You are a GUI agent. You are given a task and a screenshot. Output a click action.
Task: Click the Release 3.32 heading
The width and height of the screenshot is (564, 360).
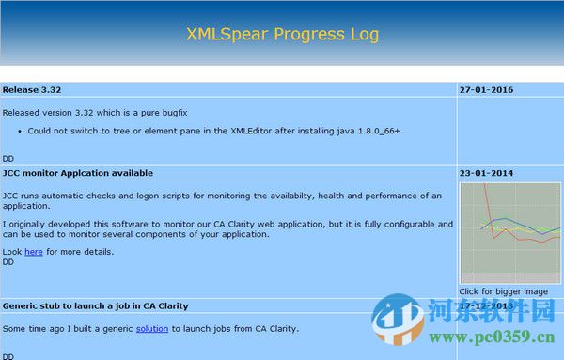point(32,90)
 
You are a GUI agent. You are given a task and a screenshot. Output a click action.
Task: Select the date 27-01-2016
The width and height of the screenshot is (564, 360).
point(486,90)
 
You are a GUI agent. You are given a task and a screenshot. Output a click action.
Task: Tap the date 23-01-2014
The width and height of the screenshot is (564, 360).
point(486,173)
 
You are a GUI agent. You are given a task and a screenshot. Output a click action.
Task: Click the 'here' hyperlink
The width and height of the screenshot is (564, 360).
point(33,252)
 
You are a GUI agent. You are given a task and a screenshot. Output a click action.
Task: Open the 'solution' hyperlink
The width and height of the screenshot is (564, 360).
point(152,328)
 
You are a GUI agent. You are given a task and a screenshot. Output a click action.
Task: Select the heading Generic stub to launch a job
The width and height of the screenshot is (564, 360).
point(95,305)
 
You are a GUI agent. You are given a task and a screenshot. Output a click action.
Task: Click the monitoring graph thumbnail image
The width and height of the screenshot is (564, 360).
point(509,233)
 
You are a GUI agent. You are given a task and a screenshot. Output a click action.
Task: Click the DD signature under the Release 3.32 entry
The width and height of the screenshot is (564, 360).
point(8,158)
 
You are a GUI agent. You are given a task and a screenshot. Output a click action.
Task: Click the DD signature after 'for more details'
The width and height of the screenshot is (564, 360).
point(8,262)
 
